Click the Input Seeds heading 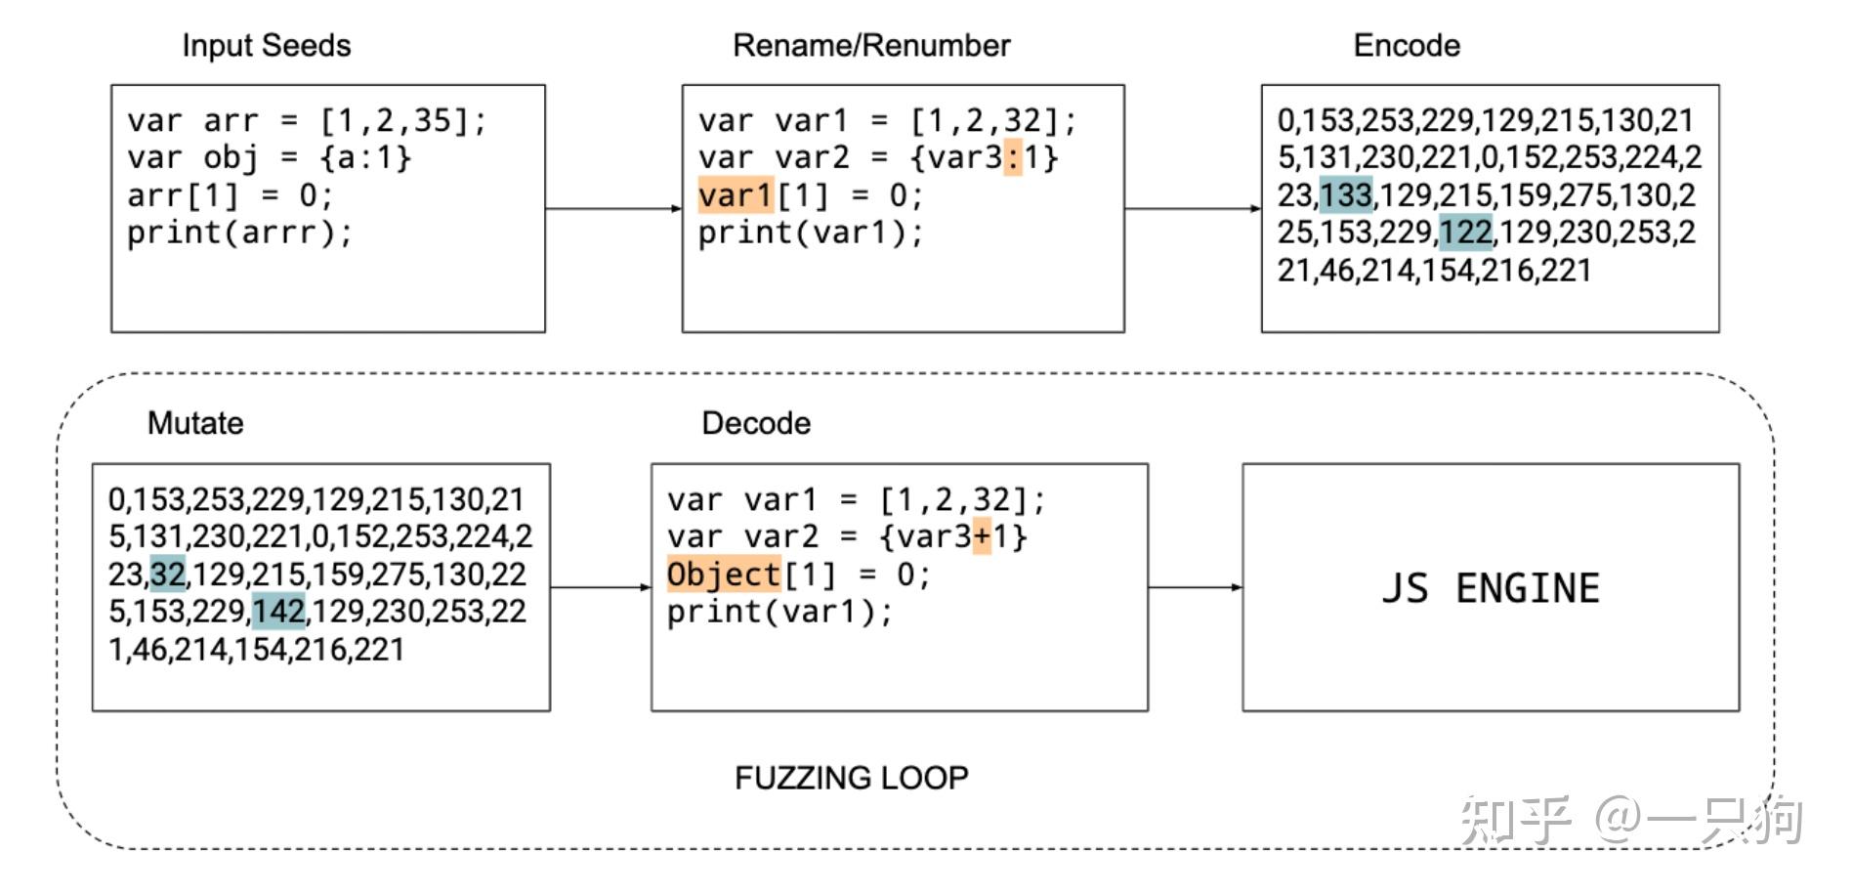[x=266, y=46]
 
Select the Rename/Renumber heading [x=871, y=46]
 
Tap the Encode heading [x=1406, y=46]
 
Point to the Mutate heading [x=195, y=423]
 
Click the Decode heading [x=756, y=423]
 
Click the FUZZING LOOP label [x=851, y=778]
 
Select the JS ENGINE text [x=1490, y=588]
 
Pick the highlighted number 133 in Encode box [x=1345, y=194]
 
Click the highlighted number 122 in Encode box [x=1465, y=233]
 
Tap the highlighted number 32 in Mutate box [x=168, y=574]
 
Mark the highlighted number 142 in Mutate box [x=278, y=612]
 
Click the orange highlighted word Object [x=724, y=575]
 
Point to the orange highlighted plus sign [x=982, y=536]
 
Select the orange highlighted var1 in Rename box [x=736, y=195]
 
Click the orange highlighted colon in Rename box [x=1013, y=157]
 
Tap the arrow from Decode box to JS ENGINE [x=1195, y=587]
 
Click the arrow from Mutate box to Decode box [x=600, y=587]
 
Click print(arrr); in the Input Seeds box [x=239, y=233]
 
